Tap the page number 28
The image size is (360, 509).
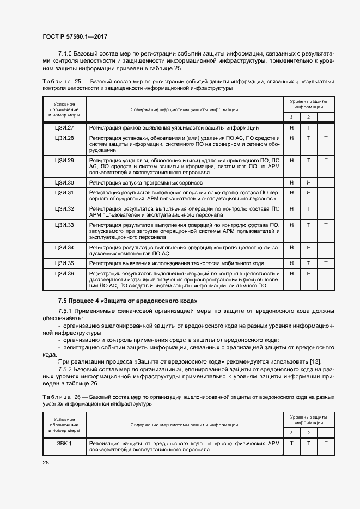(x=46, y=462)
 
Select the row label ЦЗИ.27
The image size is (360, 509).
(x=64, y=128)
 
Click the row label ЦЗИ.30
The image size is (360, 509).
(x=64, y=182)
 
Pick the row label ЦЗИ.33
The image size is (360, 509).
(x=64, y=225)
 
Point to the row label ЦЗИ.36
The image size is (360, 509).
(x=64, y=273)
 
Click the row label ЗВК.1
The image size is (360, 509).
(x=64, y=443)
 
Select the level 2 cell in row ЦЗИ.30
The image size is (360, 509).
(x=309, y=182)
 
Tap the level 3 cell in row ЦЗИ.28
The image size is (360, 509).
(x=291, y=138)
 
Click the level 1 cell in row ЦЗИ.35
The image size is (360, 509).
(x=326, y=263)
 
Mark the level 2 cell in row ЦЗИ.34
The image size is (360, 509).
(x=309, y=247)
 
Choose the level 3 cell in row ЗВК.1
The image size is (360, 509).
(x=291, y=443)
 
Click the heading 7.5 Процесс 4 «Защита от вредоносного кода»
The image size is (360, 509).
(x=127, y=301)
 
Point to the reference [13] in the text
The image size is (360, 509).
(x=315, y=363)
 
